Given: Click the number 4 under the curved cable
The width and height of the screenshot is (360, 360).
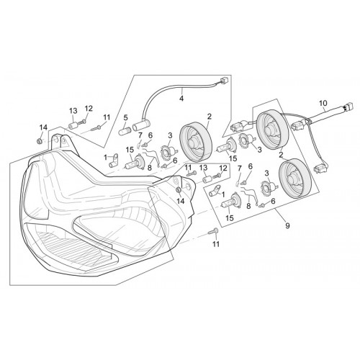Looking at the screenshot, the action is (181, 98).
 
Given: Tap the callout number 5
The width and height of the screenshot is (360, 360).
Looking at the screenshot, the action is (126, 117).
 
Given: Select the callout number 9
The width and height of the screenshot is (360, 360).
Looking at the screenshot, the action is (287, 225).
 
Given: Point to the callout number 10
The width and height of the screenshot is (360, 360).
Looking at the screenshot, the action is (323, 103).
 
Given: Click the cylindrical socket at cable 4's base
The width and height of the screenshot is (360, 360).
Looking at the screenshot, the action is (140, 125).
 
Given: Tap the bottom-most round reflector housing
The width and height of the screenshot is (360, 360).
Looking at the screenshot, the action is (294, 178).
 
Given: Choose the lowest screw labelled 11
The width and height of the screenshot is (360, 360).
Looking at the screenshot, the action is (213, 231).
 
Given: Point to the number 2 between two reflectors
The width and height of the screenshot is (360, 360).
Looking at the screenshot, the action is (281, 155).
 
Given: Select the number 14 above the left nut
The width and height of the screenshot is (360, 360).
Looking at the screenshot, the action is (43, 127).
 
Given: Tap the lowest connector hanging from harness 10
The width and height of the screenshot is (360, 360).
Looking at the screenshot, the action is (320, 168).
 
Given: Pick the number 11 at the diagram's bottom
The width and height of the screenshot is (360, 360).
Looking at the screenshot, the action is (216, 244).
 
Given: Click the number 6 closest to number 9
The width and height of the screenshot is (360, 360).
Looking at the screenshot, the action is (273, 201).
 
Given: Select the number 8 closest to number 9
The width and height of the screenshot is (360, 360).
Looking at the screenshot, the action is (248, 206).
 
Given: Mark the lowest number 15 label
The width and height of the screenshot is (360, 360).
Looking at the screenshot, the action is (230, 217).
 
